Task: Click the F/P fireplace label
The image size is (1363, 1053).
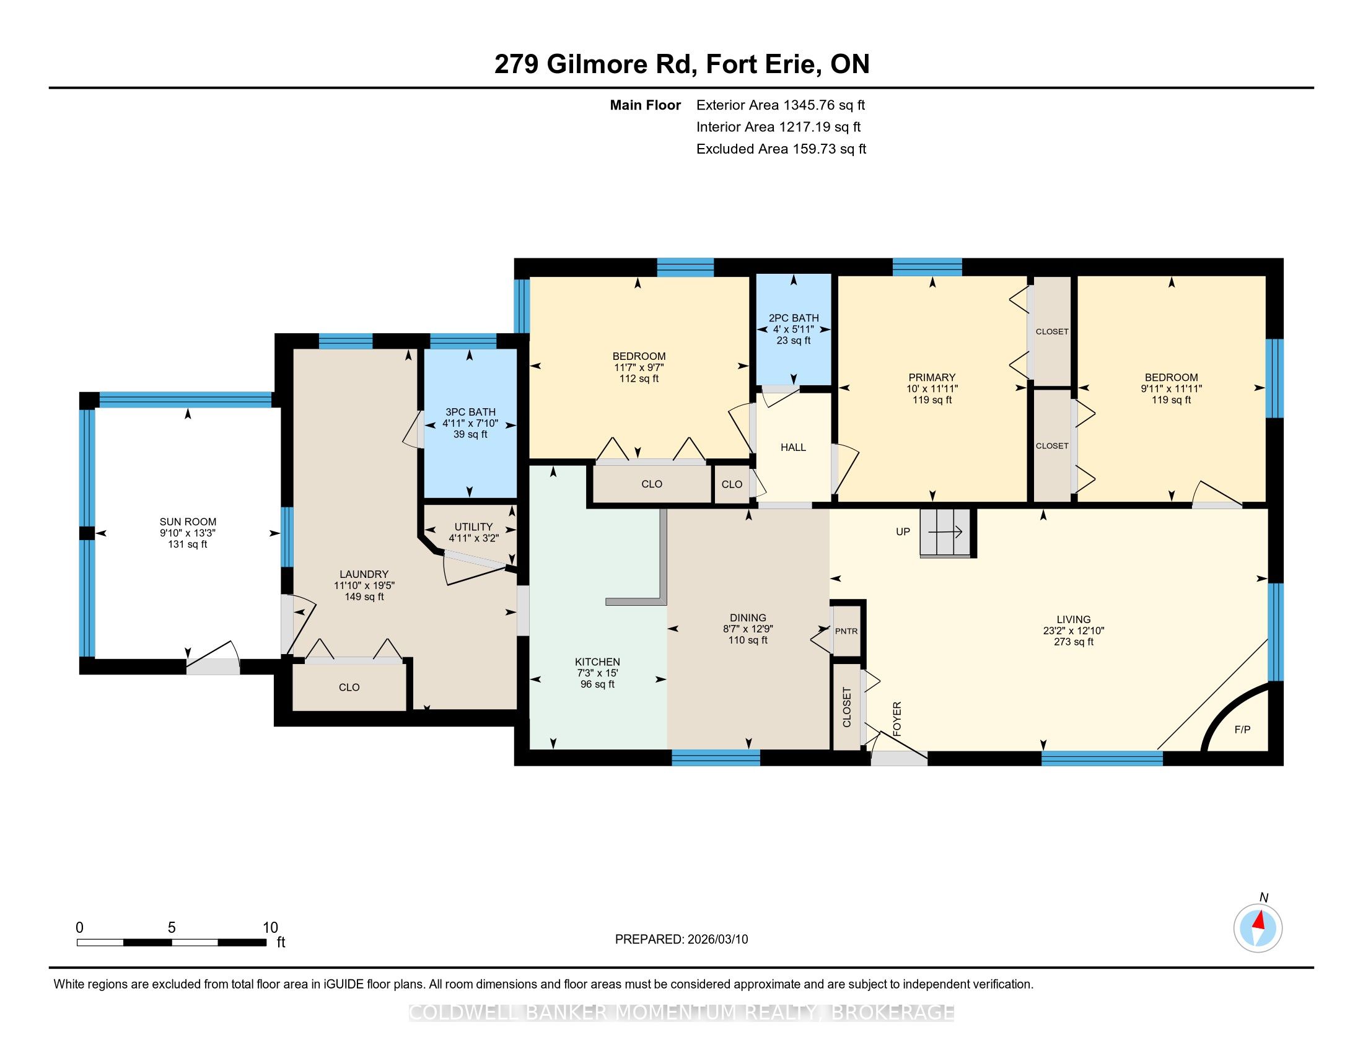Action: tap(1242, 729)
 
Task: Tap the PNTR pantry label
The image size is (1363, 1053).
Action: tap(846, 631)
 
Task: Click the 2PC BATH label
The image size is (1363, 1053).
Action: tap(793, 318)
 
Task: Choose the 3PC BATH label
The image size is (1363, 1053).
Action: tap(471, 413)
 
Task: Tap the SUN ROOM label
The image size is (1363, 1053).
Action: tap(188, 522)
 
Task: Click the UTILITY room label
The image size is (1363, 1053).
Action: tap(474, 527)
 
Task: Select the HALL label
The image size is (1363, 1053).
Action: tap(793, 447)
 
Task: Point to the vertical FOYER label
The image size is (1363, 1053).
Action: tap(897, 719)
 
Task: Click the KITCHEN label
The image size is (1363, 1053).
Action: tap(597, 662)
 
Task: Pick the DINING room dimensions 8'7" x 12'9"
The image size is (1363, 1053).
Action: tap(748, 629)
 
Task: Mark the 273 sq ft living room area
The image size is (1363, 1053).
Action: tap(1074, 642)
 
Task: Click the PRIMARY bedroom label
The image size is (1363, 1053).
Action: tap(932, 377)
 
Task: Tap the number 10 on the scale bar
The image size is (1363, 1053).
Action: tap(270, 928)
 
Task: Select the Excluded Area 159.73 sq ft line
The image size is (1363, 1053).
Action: tap(781, 149)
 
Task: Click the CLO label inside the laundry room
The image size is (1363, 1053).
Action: tap(349, 688)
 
